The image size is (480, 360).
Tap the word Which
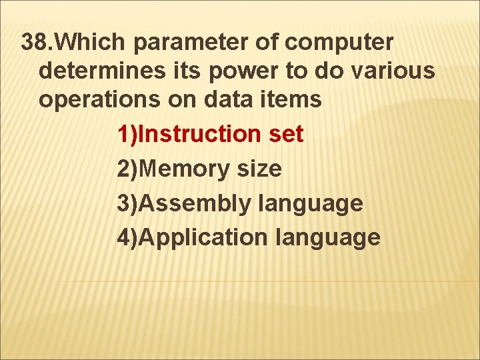(x=91, y=42)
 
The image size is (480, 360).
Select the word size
(x=259, y=169)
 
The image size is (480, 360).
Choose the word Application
(x=205, y=238)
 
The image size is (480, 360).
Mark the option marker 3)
(x=129, y=203)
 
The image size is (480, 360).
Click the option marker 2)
(x=129, y=169)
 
